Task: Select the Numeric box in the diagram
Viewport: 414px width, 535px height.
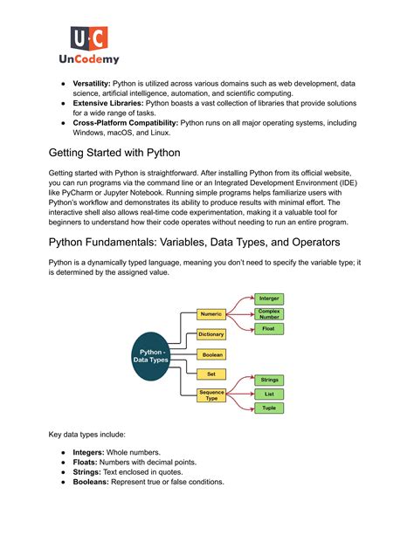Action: coord(211,313)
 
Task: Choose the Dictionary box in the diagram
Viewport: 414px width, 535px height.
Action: coord(211,334)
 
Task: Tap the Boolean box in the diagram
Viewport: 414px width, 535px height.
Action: coord(211,354)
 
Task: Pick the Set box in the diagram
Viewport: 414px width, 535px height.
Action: coord(211,374)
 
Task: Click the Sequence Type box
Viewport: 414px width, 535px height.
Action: coord(211,395)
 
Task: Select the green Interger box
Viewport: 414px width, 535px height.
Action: coord(268,299)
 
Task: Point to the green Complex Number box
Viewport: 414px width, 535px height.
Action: coord(268,314)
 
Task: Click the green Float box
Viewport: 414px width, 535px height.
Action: coord(268,329)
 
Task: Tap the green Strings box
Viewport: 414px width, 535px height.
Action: coord(268,381)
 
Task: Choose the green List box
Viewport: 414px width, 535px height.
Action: coord(268,394)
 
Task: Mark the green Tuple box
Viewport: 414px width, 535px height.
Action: coord(268,408)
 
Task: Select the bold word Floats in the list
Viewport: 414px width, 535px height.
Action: coord(91,462)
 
